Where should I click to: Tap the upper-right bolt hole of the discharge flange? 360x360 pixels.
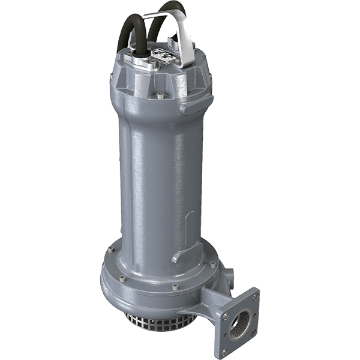pos(255,296)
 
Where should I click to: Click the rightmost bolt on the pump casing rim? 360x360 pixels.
pos(213,264)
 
